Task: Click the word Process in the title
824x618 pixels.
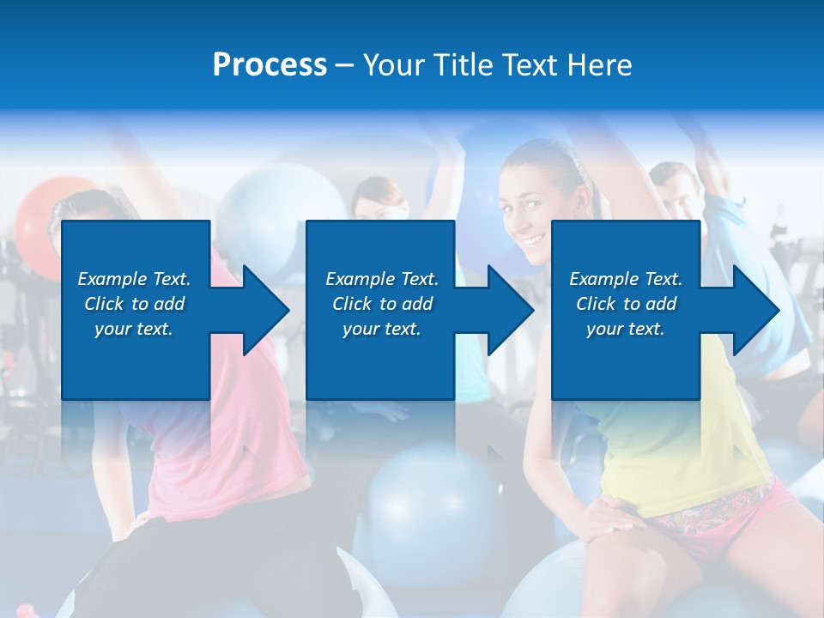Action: coord(270,65)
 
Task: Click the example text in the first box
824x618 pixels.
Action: coord(134,304)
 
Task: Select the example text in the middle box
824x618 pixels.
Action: coord(382,304)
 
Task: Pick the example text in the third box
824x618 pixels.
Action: coord(626,304)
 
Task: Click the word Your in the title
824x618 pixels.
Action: coord(394,65)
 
